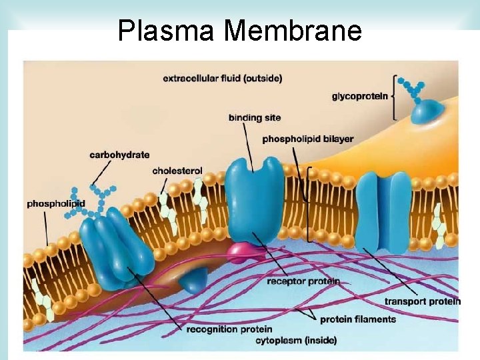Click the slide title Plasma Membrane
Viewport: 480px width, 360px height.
click(239, 31)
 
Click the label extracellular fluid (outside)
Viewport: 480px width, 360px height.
click(222, 78)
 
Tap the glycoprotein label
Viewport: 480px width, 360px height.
click(359, 96)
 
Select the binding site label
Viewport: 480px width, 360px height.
click(255, 118)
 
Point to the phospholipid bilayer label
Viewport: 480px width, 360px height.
click(308, 139)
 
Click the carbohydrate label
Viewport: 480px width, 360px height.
click(119, 155)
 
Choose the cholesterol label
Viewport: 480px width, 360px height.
click(177, 171)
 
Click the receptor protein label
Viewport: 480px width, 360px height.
click(303, 281)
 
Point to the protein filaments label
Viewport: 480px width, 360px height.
click(358, 319)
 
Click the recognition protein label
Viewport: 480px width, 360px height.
click(229, 329)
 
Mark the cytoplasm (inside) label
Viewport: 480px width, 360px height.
click(296, 341)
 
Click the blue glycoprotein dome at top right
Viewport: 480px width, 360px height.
click(427, 111)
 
